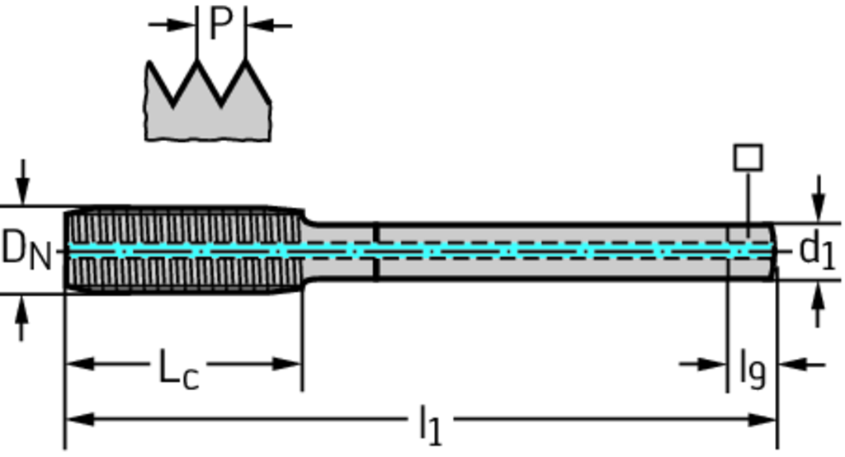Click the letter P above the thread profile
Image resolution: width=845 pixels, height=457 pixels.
pos(220,23)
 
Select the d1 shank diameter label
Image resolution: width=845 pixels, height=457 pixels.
pos(817,249)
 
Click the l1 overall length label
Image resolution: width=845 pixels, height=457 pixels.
pos(430,424)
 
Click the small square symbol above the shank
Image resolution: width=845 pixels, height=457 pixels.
pos(748,158)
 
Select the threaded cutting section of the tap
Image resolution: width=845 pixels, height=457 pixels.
pos(182,249)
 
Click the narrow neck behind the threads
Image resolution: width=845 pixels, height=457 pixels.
pos(338,249)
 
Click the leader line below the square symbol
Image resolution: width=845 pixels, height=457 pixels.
pos(748,198)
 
